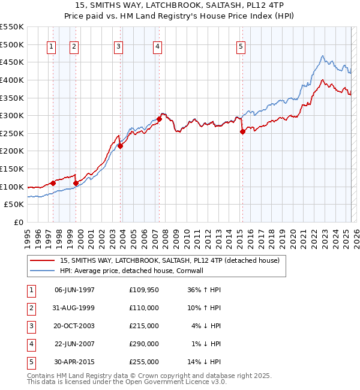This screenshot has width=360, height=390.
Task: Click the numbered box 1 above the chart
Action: pyautogui.click(x=51, y=47)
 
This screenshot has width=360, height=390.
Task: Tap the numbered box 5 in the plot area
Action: pyautogui.click(x=241, y=47)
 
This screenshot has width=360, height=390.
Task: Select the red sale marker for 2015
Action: pyautogui.click(x=242, y=131)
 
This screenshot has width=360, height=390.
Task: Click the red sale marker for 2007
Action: pyautogui.click(x=160, y=119)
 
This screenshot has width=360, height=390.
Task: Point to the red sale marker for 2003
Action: pyautogui.click(x=120, y=145)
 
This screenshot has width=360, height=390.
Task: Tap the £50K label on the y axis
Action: pyautogui.click(x=14, y=205)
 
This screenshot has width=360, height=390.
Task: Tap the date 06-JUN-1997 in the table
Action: pyautogui.click(x=74, y=290)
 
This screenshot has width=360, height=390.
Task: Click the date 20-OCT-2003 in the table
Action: pyautogui.click(x=74, y=326)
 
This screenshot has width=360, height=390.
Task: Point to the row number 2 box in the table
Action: pyautogui.click(x=29, y=308)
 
